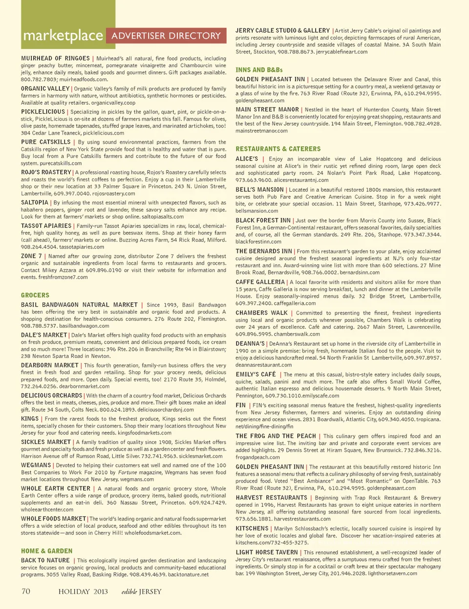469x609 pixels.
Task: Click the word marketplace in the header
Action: (63, 36)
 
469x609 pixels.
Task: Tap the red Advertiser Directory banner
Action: (166, 36)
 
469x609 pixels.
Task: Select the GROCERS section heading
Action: (35, 295)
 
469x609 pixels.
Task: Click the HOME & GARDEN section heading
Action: (46, 551)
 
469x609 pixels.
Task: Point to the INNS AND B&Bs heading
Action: (259, 70)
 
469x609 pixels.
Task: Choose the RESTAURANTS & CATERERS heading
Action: (278, 149)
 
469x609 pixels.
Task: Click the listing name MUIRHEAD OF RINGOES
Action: (55, 58)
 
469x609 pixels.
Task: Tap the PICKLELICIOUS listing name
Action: (43, 112)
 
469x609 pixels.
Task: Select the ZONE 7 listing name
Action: (31, 256)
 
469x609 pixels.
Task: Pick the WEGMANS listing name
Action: (36, 465)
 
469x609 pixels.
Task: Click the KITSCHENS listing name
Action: (252, 528)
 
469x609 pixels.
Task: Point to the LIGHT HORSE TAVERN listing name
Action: (267, 552)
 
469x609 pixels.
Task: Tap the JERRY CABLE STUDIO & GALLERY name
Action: (282, 30)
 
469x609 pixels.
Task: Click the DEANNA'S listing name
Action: (250, 343)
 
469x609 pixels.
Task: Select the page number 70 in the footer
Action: (26, 591)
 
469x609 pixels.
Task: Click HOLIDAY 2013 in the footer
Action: (83, 591)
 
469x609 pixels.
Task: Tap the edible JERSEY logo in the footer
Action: (141, 591)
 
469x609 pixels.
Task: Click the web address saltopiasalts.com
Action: (155, 217)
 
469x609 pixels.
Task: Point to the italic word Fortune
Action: (127, 473)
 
